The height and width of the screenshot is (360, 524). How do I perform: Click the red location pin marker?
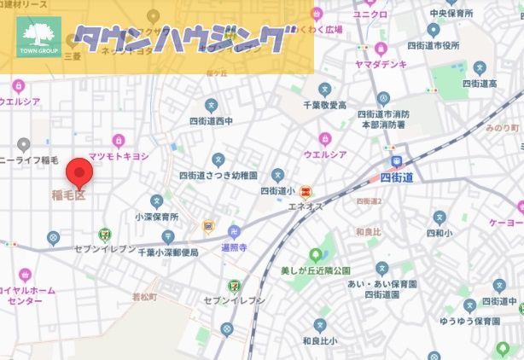point(80,173)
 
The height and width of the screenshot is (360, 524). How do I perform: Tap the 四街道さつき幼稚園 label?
point(218,175)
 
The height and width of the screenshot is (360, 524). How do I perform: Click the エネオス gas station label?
point(306,206)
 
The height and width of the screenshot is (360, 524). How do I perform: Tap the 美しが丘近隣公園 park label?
point(320,270)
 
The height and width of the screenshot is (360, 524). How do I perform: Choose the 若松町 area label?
point(146,297)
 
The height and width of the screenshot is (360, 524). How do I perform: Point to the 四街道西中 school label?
point(211,121)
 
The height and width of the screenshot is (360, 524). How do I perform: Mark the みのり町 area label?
point(502,127)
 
